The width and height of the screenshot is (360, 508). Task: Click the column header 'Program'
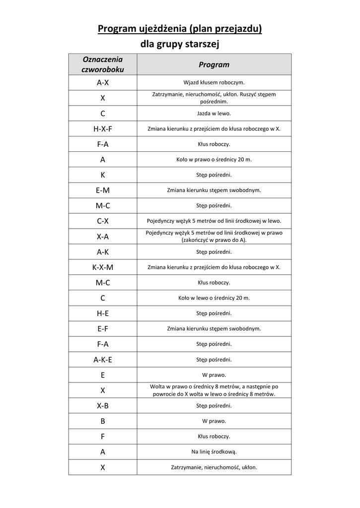[214, 64]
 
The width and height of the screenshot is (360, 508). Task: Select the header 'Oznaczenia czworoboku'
[103, 64]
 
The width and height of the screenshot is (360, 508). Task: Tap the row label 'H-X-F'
[103, 129]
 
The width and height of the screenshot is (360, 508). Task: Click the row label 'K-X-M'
[103, 267]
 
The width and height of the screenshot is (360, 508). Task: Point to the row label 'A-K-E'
[103, 360]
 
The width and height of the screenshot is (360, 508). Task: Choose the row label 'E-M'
[103, 190]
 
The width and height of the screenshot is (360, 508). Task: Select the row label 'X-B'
[103, 406]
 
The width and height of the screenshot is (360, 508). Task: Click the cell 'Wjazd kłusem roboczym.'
[214, 83]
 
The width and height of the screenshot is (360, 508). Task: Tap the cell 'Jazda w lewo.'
[214, 114]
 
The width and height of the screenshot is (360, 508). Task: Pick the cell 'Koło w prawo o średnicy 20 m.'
[214, 160]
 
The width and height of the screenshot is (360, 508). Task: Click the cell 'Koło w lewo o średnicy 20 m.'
[214, 298]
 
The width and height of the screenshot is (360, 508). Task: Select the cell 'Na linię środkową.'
[214, 452]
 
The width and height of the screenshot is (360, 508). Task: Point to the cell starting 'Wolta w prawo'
[214, 390]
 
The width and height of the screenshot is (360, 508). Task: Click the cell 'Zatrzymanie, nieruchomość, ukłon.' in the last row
[214, 467]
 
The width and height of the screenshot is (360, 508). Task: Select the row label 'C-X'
[103, 221]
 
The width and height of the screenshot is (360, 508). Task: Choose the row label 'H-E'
[103, 314]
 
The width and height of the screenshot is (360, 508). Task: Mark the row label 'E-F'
[103, 329]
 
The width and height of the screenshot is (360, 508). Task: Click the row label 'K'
[103, 175]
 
